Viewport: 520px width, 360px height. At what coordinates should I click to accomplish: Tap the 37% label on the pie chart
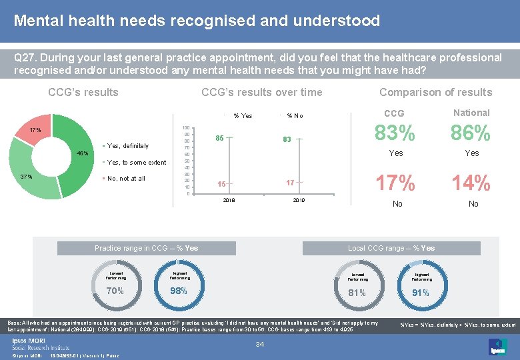[26, 177]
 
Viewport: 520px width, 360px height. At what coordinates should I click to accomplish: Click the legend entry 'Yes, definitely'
[127, 145]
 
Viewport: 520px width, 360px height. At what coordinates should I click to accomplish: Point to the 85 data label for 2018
[219, 139]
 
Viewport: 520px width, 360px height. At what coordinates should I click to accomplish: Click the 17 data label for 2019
[290, 183]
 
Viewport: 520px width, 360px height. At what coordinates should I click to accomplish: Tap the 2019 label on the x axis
[298, 199]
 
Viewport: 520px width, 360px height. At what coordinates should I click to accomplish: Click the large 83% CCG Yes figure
[395, 133]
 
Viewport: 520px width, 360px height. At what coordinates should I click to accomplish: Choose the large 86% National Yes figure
[471, 133]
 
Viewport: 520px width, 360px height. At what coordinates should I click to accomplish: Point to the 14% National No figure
[471, 182]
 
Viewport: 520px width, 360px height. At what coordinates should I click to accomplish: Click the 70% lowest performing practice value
[115, 291]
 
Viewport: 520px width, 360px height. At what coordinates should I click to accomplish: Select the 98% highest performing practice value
[179, 291]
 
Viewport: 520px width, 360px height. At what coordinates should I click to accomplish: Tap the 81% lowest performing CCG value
[357, 292]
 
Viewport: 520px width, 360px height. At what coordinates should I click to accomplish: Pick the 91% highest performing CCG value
[421, 292]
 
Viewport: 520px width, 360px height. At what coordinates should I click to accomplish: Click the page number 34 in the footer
[261, 344]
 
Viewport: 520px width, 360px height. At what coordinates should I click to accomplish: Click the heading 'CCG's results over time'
[261, 92]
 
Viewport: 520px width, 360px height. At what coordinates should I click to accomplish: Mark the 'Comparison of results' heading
[435, 92]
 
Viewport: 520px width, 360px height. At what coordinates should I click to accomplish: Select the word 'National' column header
[471, 113]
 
